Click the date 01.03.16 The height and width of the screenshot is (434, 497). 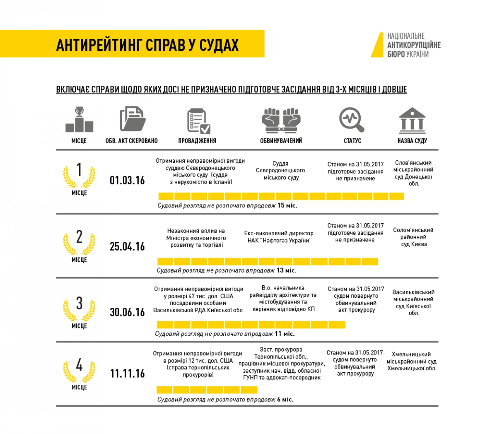pos(127,180)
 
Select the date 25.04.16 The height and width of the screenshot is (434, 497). pos(127,246)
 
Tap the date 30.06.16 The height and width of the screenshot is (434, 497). pos(127,312)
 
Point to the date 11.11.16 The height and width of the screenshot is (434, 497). pos(127,373)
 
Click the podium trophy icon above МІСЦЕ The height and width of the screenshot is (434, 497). pos(79,120)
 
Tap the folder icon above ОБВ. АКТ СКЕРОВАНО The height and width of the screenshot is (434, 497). pos(132,119)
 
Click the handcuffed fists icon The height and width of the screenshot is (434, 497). pos(281,120)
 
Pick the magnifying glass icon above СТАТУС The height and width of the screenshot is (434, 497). pos(352,120)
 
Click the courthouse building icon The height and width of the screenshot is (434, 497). pos(412,120)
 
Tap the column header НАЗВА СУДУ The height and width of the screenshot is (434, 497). pos(412,141)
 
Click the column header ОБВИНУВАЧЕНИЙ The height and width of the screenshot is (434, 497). pos(281,141)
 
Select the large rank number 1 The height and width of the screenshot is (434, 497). pos(79,170)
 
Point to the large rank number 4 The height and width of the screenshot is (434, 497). pos(79,365)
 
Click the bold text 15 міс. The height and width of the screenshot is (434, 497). pos(287,205)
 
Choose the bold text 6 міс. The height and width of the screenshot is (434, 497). pos(285,399)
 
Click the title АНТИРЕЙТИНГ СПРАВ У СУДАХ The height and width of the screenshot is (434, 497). pos(147,45)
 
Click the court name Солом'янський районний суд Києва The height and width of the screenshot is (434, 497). pos(413,237)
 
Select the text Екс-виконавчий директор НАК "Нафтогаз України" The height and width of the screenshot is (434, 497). pos(279,237)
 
